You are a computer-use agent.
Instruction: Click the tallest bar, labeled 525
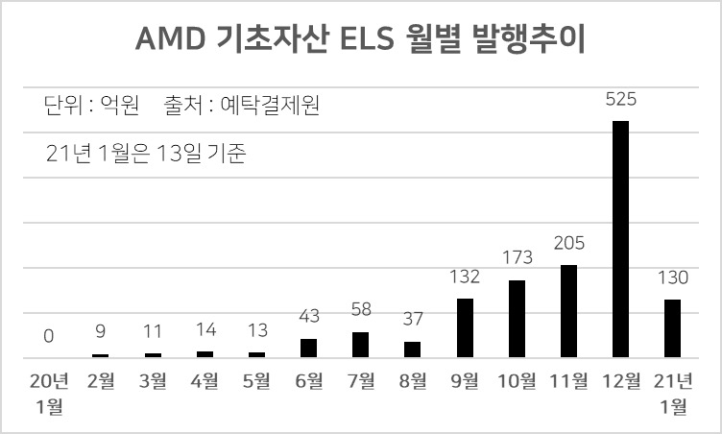tap(620, 239)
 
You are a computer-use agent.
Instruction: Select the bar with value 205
tap(568, 311)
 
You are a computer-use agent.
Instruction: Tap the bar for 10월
tap(517, 319)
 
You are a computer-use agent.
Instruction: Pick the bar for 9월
tap(465, 328)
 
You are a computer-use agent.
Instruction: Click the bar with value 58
tap(361, 345)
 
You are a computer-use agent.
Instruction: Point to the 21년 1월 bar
tap(672, 328)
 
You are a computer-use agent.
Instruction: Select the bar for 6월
tap(308, 349)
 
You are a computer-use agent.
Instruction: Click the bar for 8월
tap(413, 350)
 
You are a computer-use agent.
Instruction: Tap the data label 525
tap(620, 99)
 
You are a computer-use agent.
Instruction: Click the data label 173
tap(517, 257)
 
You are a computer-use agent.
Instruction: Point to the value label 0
tap(49, 336)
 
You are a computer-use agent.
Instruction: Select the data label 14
tap(205, 329)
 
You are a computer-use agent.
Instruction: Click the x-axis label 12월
tap(621, 381)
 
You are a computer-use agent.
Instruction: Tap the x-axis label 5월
tap(256, 381)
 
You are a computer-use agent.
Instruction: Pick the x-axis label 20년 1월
tap(49, 394)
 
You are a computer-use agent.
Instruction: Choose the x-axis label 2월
tap(101, 381)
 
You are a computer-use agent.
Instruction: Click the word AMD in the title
tap(170, 38)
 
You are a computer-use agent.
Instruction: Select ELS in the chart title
tap(368, 38)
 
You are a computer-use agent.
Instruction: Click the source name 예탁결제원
tap(271, 105)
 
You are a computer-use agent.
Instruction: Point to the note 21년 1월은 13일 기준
tap(146, 153)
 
